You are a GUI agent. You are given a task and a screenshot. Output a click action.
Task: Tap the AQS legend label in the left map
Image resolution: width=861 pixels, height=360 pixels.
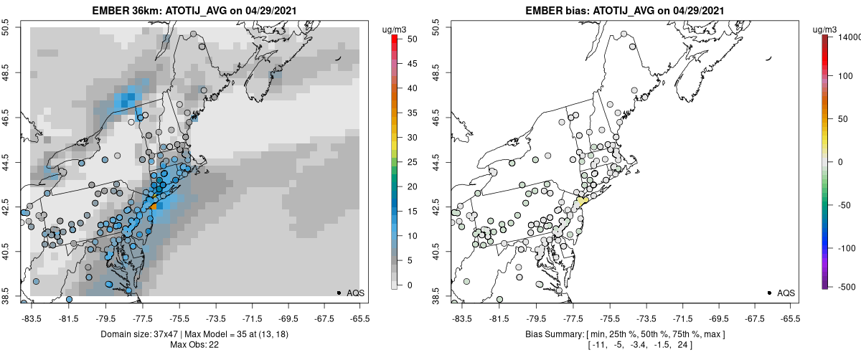pyautogui.click(x=356, y=293)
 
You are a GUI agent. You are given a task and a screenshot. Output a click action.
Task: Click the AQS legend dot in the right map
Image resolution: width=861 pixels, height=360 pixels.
pyautogui.click(x=769, y=293)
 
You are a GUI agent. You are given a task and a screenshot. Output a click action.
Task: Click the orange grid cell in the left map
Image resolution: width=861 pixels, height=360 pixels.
pyautogui.click(x=154, y=207)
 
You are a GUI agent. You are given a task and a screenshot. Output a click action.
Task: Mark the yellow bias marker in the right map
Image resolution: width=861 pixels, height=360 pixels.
pyautogui.click(x=582, y=202)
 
